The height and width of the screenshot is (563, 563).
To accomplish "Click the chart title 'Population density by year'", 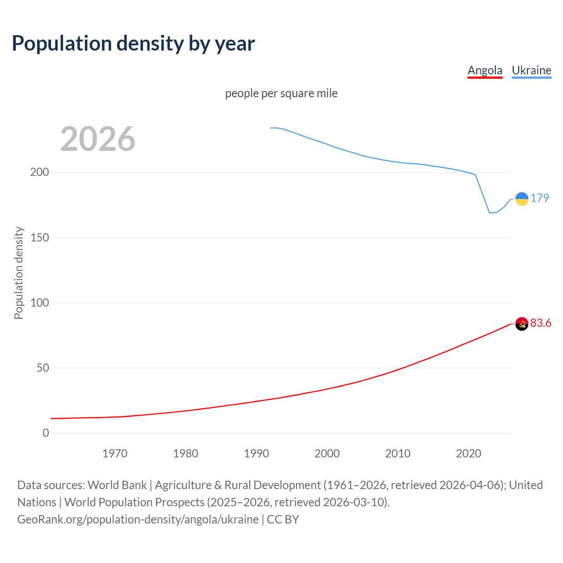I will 133,43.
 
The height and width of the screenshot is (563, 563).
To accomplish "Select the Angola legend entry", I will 485,70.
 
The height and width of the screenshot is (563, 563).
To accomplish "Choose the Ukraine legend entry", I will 531,70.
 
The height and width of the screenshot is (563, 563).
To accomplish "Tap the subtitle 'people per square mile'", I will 281,93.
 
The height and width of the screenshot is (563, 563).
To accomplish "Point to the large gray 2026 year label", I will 98,139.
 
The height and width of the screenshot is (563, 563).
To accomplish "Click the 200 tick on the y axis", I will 40,172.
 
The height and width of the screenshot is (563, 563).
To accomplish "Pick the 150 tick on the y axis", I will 40,238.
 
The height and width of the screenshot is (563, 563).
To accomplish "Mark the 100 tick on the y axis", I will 40,303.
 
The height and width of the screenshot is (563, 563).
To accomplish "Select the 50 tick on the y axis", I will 43,368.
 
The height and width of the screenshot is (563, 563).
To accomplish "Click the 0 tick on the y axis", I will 46,433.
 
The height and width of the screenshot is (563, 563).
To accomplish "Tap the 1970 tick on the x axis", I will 115,453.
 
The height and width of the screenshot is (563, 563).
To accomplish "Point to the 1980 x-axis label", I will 186,453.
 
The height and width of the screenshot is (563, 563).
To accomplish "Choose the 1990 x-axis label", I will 256,453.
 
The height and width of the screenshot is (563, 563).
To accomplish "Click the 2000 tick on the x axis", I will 327,453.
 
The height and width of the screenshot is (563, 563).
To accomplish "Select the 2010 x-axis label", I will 398,453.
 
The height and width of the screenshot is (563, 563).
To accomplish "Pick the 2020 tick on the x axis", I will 468,453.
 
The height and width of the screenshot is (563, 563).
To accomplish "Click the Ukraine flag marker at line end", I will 522,199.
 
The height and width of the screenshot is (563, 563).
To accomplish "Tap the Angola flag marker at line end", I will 522,324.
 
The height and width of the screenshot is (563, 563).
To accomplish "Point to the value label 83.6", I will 541,323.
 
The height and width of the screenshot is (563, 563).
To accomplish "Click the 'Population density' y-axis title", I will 18,273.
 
